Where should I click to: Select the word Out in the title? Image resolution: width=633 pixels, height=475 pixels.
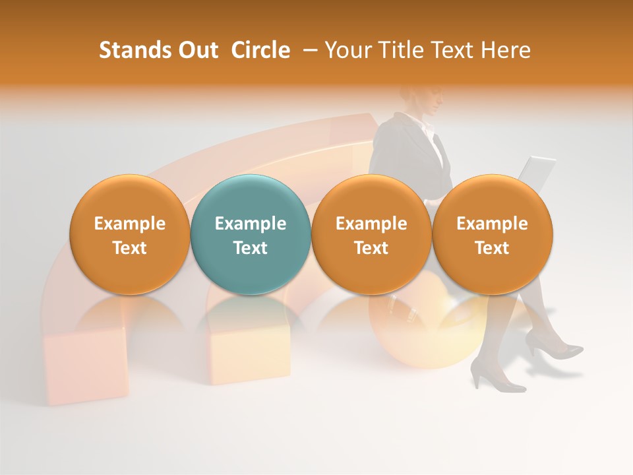[x=196, y=50]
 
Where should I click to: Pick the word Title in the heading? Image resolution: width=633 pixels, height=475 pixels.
[x=399, y=50]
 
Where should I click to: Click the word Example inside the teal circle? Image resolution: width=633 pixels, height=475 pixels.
[x=250, y=224]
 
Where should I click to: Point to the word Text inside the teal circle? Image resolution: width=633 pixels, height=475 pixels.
[x=250, y=248]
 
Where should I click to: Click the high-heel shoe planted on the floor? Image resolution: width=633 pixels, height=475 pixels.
[x=495, y=379]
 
